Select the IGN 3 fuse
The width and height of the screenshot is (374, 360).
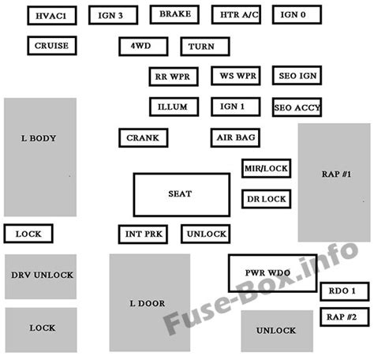tap(111, 15)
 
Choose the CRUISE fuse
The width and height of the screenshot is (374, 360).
tap(52, 47)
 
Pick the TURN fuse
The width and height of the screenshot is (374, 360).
tap(201, 47)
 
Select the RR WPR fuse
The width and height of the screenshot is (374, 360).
tap(173, 77)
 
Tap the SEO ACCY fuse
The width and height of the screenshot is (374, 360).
tap(296, 107)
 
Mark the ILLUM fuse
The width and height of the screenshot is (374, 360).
tap(173, 106)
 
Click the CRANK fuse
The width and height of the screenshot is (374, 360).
tap(142, 137)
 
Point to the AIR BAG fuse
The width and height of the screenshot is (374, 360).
tap(235, 137)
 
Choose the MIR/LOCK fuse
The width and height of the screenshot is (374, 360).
tap(266, 169)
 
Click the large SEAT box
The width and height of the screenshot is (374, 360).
tap(180, 194)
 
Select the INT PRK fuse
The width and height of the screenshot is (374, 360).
tap(142, 234)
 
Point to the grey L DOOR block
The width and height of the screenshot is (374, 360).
tap(149, 302)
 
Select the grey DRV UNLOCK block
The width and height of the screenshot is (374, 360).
tap(41, 276)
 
